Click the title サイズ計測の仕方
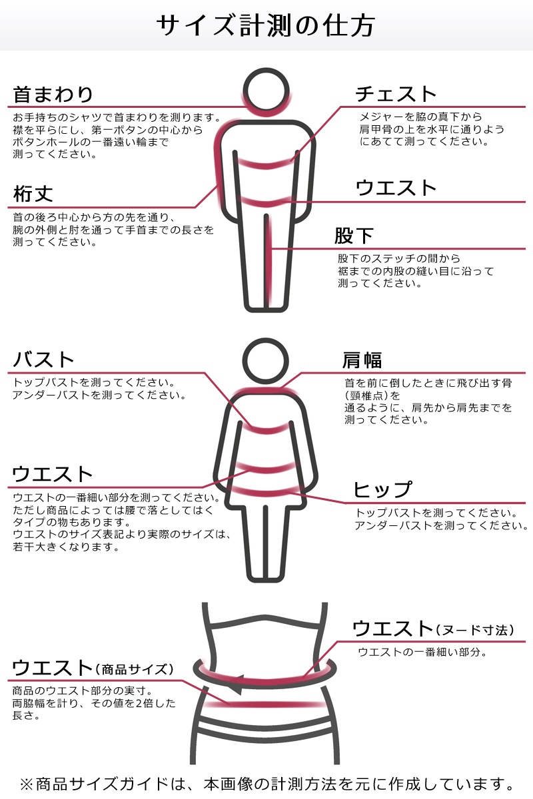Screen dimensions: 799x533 (266, 25)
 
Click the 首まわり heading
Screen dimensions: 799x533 (53, 94)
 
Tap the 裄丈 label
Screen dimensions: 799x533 (33, 194)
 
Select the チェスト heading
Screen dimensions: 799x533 (396, 94)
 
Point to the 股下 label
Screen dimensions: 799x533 (354, 236)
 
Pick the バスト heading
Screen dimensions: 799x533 (44, 360)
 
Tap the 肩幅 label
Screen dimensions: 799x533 (362, 360)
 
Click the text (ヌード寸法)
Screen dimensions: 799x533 (476, 630)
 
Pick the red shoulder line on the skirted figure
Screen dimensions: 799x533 (266, 390)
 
